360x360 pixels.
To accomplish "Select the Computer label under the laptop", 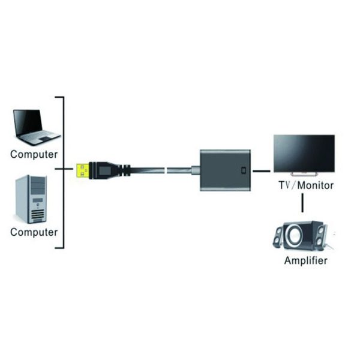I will (x=34, y=154).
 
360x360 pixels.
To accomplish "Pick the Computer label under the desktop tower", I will (x=34, y=232).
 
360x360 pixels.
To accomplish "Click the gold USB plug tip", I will (x=83, y=170).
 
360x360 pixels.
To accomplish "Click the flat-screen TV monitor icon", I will (x=304, y=154).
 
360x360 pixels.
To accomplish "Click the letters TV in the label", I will (x=284, y=185).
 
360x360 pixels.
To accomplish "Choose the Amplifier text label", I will (x=306, y=261).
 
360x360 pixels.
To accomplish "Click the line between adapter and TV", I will (x=262, y=171).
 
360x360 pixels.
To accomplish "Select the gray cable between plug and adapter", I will (x=174, y=170).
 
